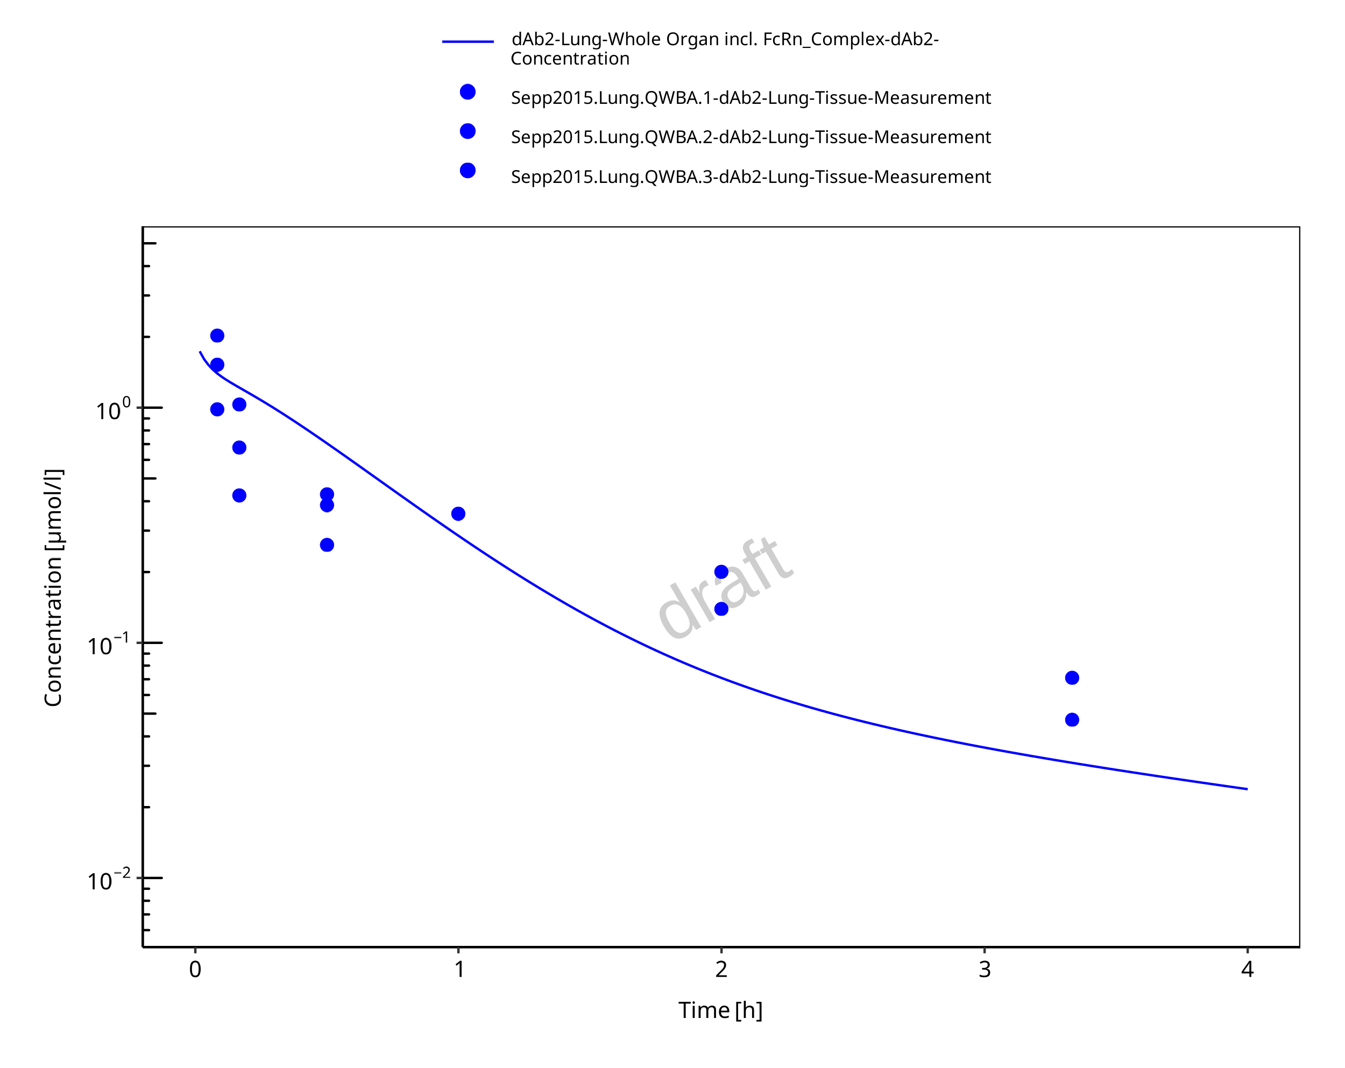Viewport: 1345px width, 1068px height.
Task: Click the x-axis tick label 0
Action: click(195, 970)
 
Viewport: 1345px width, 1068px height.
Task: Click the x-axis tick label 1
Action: click(458, 970)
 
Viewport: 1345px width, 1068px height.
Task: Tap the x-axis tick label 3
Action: click(985, 970)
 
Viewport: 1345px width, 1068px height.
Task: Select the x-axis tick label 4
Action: click(1247, 970)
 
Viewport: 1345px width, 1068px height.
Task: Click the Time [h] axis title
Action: click(720, 1010)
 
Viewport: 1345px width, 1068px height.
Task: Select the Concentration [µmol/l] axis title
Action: click(54, 588)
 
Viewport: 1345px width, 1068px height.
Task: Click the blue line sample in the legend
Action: click(468, 42)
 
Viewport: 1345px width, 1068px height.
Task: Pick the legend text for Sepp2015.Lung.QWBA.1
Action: click(751, 98)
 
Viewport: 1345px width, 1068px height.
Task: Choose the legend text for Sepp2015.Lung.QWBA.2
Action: click(751, 137)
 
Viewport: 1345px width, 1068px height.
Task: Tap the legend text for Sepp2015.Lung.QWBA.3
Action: click(751, 177)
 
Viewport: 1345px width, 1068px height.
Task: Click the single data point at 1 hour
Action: click(458, 514)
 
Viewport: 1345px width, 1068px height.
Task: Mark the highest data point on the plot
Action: click(217, 336)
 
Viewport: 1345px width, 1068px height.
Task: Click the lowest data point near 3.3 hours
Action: click(1072, 720)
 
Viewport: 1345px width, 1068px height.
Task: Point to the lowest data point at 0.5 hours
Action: click(327, 545)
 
